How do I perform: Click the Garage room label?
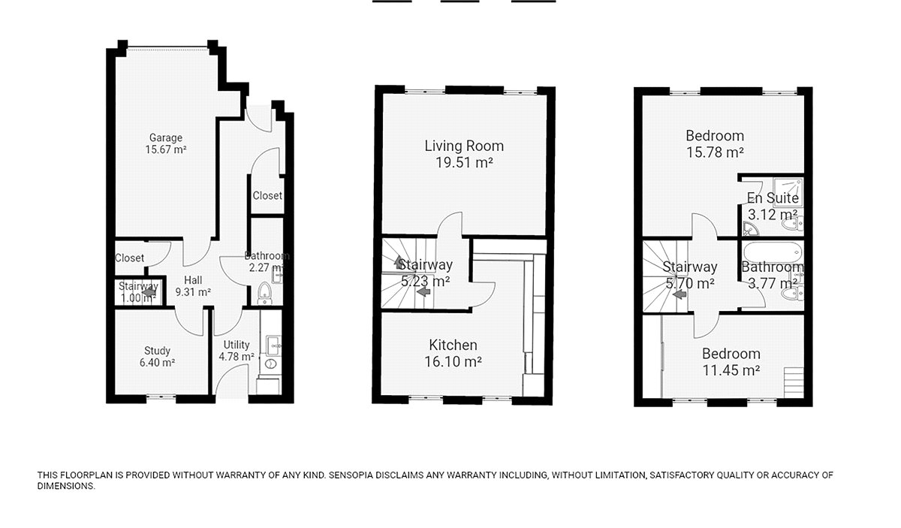pos(166,137)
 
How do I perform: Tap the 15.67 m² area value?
pos(166,149)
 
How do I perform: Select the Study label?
pos(157,351)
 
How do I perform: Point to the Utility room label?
pos(237,345)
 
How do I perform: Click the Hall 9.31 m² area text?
pos(193,292)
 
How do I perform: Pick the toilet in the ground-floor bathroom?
pos(264,293)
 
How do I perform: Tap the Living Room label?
pos(464,146)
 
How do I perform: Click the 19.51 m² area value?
pos(464,162)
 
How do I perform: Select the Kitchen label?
pos(454,345)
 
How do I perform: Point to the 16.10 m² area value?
pos(454,361)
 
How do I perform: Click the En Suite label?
pos(773,198)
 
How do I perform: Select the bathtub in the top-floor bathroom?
pos(773,252)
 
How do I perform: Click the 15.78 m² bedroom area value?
pos(715,152)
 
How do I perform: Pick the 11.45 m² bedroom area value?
pos(731,370)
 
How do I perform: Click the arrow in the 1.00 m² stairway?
pos(149,293)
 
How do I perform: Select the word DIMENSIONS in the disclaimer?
pos(66,486)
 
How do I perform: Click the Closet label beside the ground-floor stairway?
pos(129,258)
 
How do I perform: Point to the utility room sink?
pos(274,345)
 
